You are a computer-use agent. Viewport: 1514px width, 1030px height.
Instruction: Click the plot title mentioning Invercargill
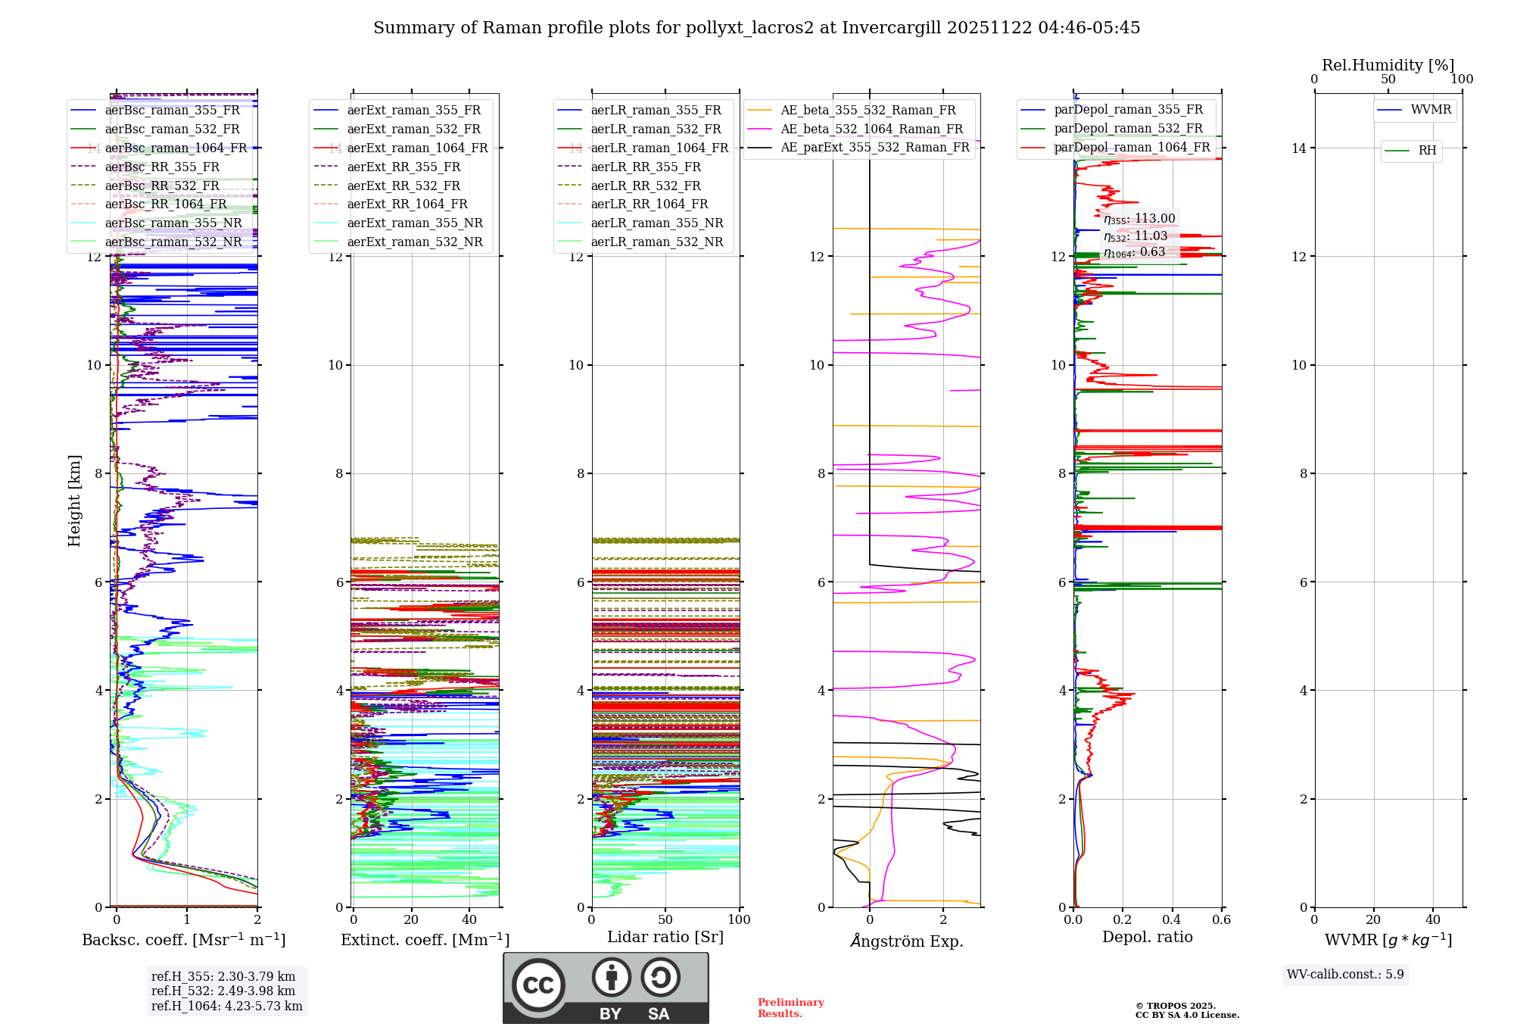pyautogui.click(x=756, y=28)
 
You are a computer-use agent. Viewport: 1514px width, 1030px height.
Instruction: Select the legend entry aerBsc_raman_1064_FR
pyautogui.click(x=176, y=148)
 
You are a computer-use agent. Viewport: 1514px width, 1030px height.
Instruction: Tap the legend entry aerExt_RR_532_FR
pyautogui.click(x=403, y=186)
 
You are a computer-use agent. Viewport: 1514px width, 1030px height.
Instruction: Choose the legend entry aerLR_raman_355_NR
pyautogui.click(x=656, y=223)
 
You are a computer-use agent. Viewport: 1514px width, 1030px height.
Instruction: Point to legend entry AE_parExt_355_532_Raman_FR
pyautogui.click(x=874, y=147)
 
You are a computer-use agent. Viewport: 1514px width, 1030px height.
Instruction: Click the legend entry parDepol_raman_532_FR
pyautogui.click(x=1128, y=128)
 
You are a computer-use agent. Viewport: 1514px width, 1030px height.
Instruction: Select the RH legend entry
pyautogui.click(x=1427, y=151)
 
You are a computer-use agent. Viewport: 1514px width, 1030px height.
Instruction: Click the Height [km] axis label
pyautogui.click(x=74, y=501)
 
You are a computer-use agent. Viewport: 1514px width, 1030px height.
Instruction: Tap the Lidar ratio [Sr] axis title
pyautogui.click(x=665, y=937)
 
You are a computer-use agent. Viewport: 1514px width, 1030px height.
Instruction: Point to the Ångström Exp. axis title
pyautogui.click(x=906, y=941)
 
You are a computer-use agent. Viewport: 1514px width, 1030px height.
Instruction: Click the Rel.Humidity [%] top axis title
pyautogui.click(x=1388, y=65)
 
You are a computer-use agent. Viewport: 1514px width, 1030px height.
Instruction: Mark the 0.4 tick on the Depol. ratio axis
pyautogui.click(x=1172, y=920)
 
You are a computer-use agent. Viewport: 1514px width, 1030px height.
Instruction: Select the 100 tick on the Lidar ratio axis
pyautogui.click(x=739, y=920)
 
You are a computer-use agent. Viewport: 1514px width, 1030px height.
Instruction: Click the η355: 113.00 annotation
pyautogui.click(x=1139, y=219)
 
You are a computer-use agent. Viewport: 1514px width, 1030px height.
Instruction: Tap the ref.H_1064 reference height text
pyautogui.click(x=226, y=1007)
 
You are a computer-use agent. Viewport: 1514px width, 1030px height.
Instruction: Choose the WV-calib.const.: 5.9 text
pyautogui.click(x=1345, y=975)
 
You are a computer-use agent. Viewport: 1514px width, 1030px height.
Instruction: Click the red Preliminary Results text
pyautogui.click(x=790, y=1008)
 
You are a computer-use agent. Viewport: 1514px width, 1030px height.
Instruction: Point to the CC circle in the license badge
pyautogui.click(x=538, y=985)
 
